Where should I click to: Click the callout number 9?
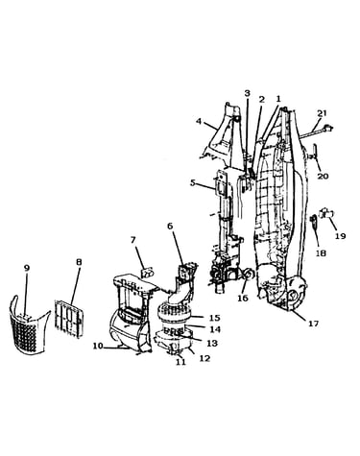27,268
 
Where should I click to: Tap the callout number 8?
79,262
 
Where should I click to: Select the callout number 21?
322,113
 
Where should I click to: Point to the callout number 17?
313,324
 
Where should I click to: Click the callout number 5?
193,183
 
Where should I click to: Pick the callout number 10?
98,346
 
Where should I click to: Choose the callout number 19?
341,236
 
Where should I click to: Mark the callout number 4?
199,122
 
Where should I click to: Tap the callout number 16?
243,298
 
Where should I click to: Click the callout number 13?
212,343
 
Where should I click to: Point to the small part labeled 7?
148,274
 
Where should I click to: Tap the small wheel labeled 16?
249,275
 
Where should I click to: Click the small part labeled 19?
327,213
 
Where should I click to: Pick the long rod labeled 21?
316,132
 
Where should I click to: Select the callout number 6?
170,226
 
